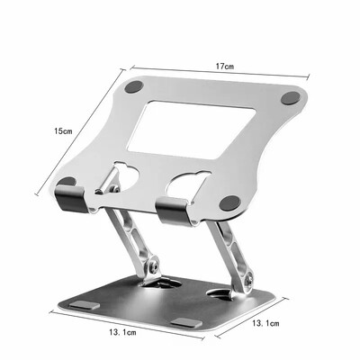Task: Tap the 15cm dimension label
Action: pyautogui.click(x=61, y=131)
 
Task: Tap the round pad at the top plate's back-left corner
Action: pyautogui.click(x=135, y=88)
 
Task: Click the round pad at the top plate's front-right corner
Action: pyautogui.click(x=229, y=202)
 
